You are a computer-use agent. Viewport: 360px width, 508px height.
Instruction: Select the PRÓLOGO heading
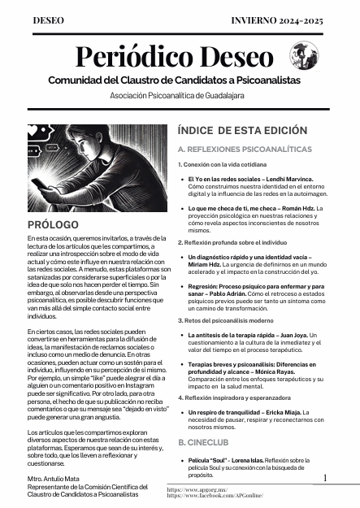(x=53, y=224)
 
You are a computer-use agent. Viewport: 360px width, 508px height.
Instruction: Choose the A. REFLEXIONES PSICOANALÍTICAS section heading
(x=244, y=150)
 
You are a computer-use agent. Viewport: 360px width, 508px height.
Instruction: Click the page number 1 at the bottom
(x=324, y=480)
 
